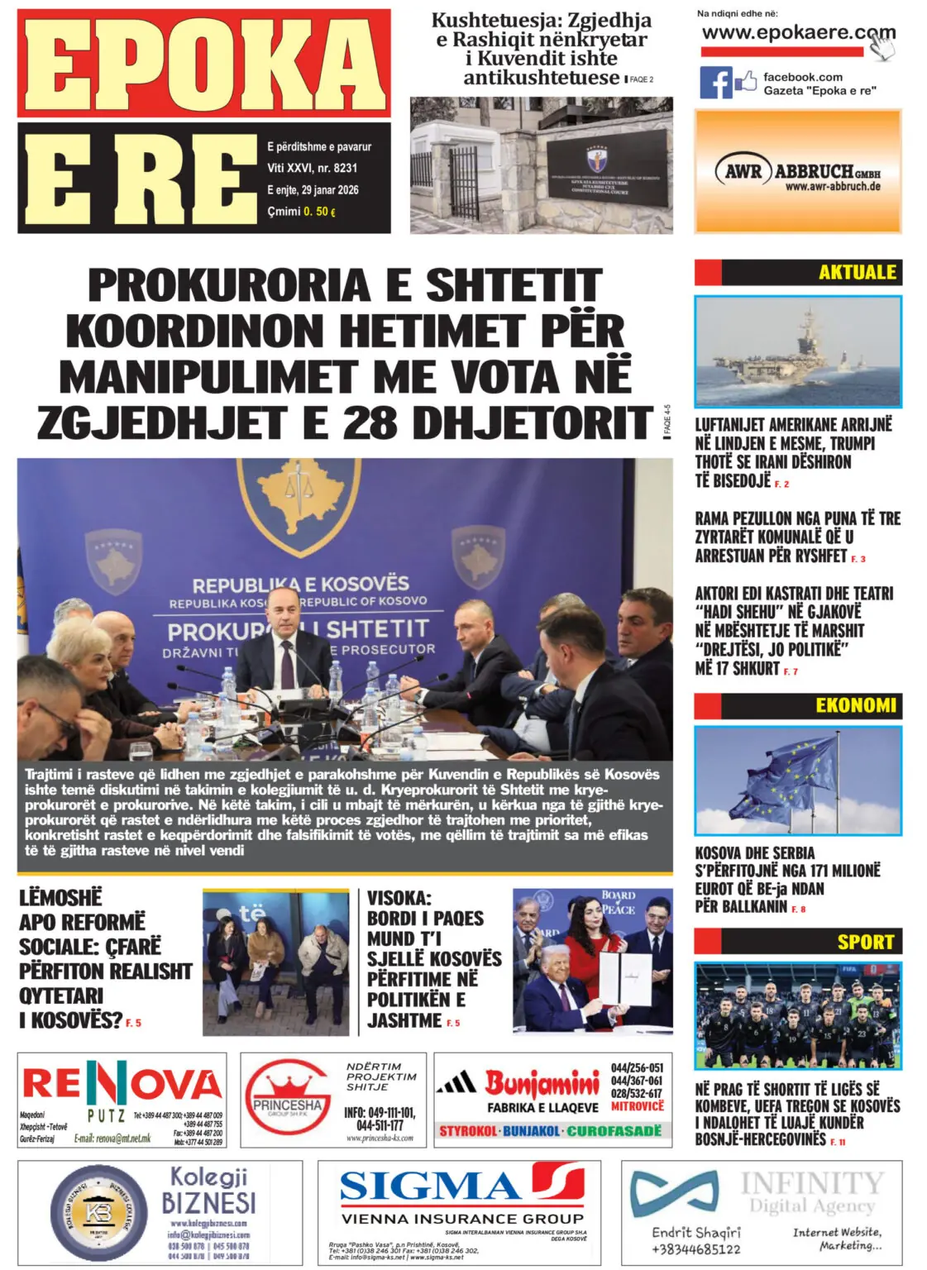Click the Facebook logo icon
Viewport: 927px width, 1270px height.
click(x=716, y=83)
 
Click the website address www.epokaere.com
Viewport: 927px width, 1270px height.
click(x=797, y=34)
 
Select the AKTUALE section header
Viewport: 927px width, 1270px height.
click(x=857, y=272)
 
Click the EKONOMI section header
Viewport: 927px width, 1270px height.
click(x=855, y=705)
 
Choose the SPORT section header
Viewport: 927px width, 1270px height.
click(x=865, y=941)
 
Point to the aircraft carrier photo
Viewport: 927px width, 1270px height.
click(x=797, y=351)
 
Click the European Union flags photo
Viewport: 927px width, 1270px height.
click(x=797, y=780)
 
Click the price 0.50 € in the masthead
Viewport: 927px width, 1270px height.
click(x=319, y=212)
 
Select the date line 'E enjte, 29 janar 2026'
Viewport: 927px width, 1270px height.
click(x=313, y=190)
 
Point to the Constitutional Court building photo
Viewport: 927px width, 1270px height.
click(x=541, y=165)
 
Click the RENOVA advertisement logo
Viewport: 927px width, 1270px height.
click(x=122, y=1084)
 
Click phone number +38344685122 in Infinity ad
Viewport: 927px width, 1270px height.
click(x=695, y=1249)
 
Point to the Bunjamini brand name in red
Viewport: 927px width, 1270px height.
click(x=542, y=1082)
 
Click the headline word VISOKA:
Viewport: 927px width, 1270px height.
click(x=399, y=899)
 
